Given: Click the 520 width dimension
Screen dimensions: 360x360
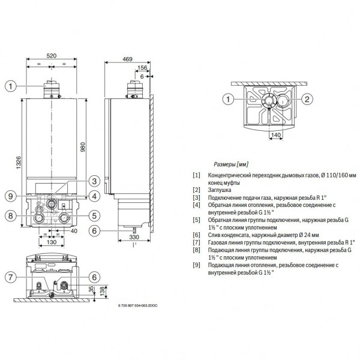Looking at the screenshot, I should click(52, 55).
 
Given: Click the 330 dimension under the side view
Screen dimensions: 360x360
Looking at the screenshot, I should click(135, 238).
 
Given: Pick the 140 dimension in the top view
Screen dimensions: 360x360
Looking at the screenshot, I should click(274, 136).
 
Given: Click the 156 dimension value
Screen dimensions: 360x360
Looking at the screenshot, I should click(142, 68).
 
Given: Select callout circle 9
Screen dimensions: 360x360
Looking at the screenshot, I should click(11, 194).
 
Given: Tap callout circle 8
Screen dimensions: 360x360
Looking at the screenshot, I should click(11, 215).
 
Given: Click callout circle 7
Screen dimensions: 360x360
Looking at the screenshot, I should click(11, 277).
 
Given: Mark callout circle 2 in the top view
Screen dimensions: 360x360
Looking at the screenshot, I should click(306, 99).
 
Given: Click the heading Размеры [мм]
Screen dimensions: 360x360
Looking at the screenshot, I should click(231, 163).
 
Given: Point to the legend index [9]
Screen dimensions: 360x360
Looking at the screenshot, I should click(196, 265).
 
